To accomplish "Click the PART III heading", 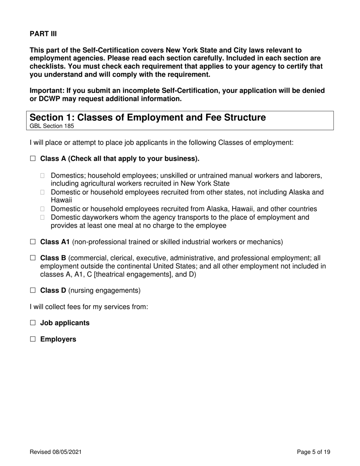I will pos(43,34).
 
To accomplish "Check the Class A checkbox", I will pos(33,159).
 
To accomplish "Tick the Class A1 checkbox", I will pos(33,242).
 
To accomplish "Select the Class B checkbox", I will pos(33,258).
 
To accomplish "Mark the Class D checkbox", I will pos(33,291).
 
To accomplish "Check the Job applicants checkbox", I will pos(33,323).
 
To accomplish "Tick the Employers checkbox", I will pos(33,339).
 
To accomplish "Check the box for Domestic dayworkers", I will pos(43,217).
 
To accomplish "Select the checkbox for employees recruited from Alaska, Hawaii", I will pos(43,209).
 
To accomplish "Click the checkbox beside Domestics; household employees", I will pos(43,176).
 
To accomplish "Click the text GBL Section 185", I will pos(52,126).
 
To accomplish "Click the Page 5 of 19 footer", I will pos(313,452).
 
